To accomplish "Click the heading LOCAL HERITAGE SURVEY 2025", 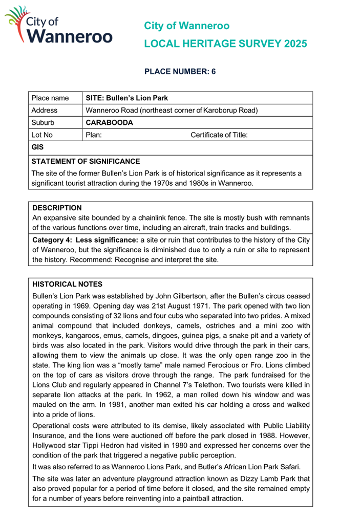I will point(226,45).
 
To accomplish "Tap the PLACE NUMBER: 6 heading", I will point(181,72).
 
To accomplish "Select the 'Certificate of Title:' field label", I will point(219,135).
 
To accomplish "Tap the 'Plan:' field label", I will point(94,135).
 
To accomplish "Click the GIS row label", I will point(37,147).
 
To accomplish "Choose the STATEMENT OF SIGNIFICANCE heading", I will point(86,161).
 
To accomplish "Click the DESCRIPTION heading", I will point(57,208).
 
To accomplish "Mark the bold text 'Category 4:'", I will point(52,240).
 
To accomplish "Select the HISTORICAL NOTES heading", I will point(67,283).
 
